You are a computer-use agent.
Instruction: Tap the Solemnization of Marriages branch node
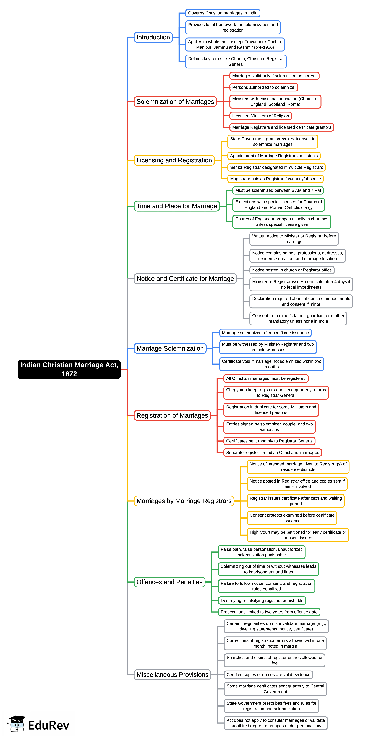click(175, 102)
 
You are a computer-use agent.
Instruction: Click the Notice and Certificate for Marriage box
click(185, 279)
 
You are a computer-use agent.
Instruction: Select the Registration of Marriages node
click(172, 415)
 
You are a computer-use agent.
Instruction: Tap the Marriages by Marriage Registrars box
click(184, 501)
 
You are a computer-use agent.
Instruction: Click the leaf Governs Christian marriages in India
click(223, 13)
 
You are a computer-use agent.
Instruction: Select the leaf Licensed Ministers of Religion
click(260, 116)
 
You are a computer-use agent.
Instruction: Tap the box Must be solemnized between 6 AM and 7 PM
click(278, 190)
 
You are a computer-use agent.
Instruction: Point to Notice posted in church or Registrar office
click(292, 270)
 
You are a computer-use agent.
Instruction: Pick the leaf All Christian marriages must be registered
click(266, 378)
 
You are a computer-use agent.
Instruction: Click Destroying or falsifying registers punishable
click(262, 601)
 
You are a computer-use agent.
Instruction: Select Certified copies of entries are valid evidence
click(268, 674)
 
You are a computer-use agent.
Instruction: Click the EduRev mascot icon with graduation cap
click(17, 723)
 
